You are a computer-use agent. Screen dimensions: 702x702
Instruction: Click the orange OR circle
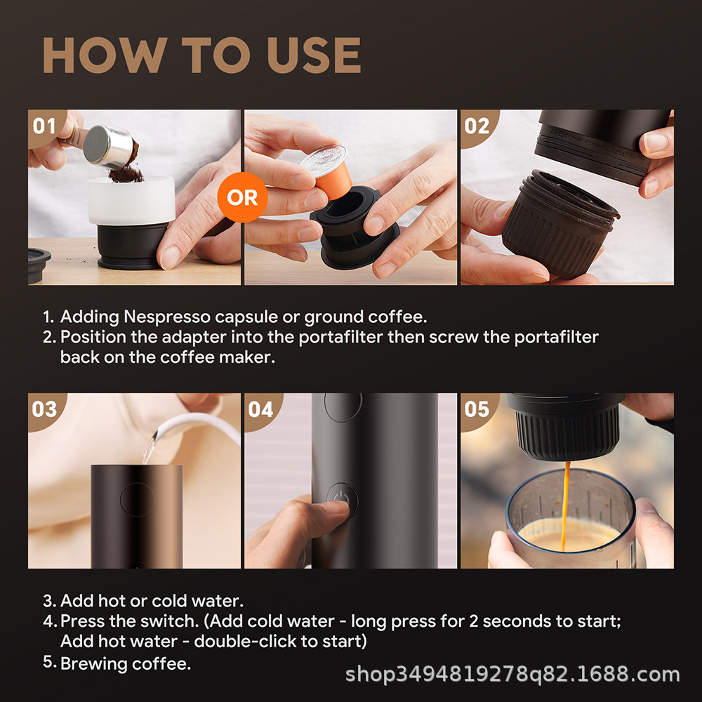pyautogui.click(x=242, y=197)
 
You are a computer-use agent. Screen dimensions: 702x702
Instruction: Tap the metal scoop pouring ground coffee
pyautogui.click(x=107, y=146)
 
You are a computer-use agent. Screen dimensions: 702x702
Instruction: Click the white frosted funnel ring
pyautogui.click(x=131, y=201)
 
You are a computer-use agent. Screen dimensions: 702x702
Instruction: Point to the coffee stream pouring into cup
pyautogui.click(x=566, y=506)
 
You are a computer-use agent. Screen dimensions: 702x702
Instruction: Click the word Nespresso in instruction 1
pyautogui.click(x=167, y=317)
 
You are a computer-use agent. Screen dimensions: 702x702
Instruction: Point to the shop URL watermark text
pyautogui.click(x=512, y=674)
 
